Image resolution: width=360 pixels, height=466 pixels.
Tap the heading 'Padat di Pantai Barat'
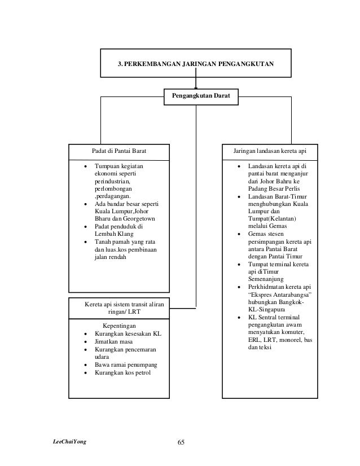click(x=119, y=152)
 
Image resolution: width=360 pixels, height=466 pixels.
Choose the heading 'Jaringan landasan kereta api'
click(x=270, y=152)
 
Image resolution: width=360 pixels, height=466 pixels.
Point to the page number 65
click(x=181, y=441)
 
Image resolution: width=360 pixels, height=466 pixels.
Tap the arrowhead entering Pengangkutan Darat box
click(x=196, y=86)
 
